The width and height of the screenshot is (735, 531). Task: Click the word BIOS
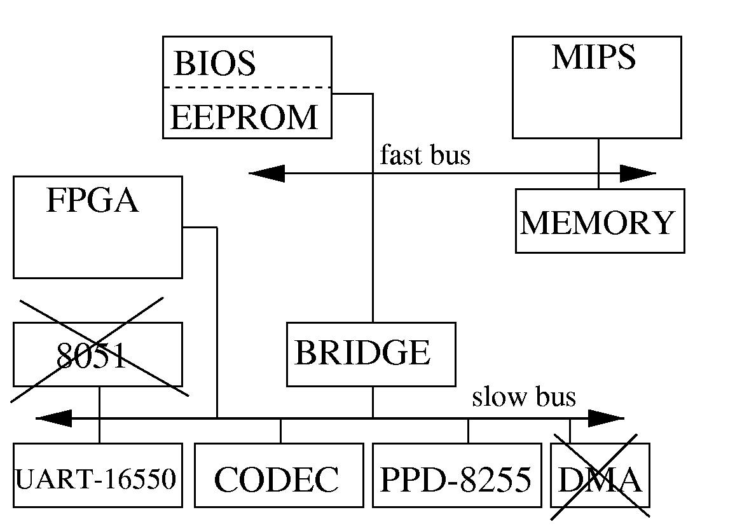pos(214,64)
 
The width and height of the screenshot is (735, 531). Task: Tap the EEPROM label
pos(244,118)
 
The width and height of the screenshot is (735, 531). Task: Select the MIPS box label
pos(593,58)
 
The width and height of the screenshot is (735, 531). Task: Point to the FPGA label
pos(93,202)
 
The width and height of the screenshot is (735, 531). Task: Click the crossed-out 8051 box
pos(97,355)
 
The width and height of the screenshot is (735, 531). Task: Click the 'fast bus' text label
pos(425,155)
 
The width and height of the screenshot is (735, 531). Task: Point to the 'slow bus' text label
pos(523,397)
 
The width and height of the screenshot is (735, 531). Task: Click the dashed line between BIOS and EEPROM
pos(247,87)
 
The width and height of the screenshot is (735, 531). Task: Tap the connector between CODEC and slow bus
pos(280,431)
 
